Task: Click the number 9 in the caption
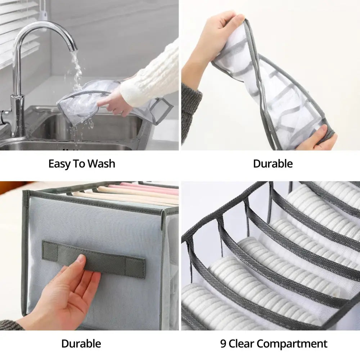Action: pyautogui.click(x=223, y=344)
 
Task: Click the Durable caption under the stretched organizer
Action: pyautogui.click(x=273, y=164)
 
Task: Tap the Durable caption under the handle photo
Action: pyautogui.click(x=81, y=344)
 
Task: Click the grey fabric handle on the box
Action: pyautogui.click(x=94, y=260)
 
